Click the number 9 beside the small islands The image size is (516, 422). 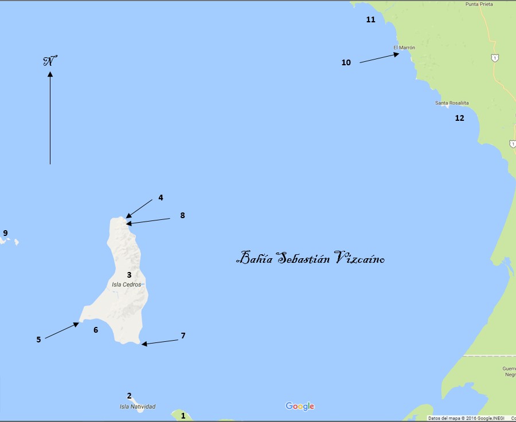(x=5, y=233)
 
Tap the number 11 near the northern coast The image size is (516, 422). (x=371, y=19)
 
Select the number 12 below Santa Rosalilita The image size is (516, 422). (x=459, y=118)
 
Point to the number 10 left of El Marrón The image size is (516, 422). (x=346, y=62)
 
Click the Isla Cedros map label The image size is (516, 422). (x=126, y=285)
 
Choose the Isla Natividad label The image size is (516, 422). (x=137, y=407)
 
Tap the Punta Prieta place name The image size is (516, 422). (x=479, y=4)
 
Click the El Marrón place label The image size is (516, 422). (x=404, y=48)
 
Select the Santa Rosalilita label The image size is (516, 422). (x=452, y=103)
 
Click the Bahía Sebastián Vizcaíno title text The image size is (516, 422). (x=310, y=258)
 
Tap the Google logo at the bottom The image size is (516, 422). (x=300, y=406)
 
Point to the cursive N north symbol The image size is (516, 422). (x=50, y=61)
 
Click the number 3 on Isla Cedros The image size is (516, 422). (x=129, y=275)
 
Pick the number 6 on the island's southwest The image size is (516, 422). (x=96, y=329)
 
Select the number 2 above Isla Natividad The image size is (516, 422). (x=130, y=396)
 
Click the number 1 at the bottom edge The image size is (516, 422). (x=183, y=416)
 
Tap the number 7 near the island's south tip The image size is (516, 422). (x=183, y=336)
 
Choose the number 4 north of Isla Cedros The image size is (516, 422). (x=161, y=198)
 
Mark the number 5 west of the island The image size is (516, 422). (x=38, y=339)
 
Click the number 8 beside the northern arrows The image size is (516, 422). (x=182, y=215)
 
